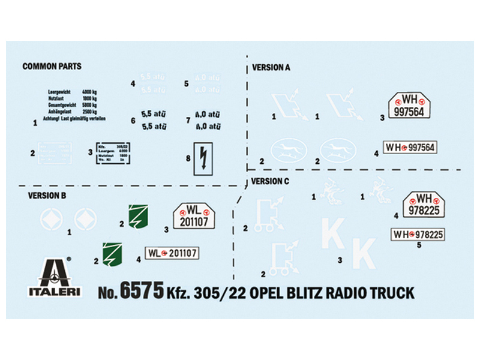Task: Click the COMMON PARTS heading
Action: (52, 66)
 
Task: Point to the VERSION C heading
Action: (270, 181)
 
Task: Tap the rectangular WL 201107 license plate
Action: (172, 253)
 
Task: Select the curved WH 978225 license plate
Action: (425, 204)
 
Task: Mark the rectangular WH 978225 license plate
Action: (418, 233)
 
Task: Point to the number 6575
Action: (142, 292)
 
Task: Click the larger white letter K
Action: (364, 253)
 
